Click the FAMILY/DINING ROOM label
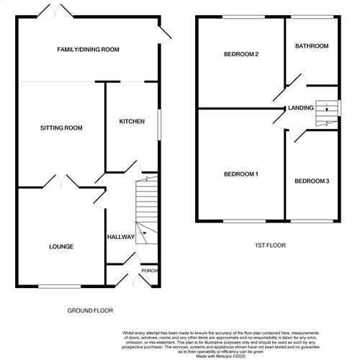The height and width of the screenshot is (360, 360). [x=89, y=50]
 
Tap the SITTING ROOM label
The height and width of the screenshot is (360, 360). [x=61, y=128]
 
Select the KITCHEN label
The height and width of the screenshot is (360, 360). [x=132, y=121]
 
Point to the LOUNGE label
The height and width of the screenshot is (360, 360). [x=61, y=247]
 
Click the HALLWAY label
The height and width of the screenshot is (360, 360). [x=119, y=236]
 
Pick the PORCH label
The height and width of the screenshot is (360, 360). [x=149, y=271]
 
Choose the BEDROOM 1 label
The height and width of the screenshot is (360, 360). [x=241, y=174]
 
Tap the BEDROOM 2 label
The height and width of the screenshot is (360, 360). [x=241, y=54]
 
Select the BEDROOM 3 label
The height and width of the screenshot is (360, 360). [x=311, y=181]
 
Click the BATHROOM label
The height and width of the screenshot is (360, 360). [x=311, y=46]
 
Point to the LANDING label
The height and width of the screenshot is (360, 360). [x=300, y=108]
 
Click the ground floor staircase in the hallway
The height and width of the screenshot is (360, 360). [x=146, y=209]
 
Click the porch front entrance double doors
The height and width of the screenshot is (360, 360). [x=130, y=279]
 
